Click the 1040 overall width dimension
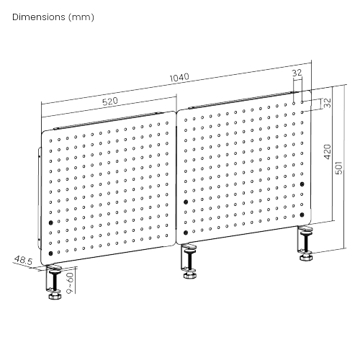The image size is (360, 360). tap(179, 78)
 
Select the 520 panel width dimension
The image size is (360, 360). tap(110, 102)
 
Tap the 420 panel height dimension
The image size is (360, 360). tap(328, 152)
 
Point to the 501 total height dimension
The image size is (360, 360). tap(338, 168)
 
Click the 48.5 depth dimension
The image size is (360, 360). tap(23, 261)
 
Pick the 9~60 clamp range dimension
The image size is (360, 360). tap(70, 283)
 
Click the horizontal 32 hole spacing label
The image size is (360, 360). tap(297, 73)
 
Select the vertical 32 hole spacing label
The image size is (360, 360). tap(327, 103)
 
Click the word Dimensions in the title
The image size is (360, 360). tap(39, 17)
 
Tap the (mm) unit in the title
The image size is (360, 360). tap(81, 17)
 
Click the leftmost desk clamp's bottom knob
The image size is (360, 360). tap(55, 296)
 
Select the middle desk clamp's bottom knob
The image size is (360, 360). tap(190, 275)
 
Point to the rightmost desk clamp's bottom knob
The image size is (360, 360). tap(305, 258)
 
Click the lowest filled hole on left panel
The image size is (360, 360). tap(50, 253)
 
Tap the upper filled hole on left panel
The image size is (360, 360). tap(50, 222)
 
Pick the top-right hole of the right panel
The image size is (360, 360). tap(302, 102)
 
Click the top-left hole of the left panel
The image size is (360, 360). tap(50, 141)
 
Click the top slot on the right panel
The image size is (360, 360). tap(243, 100)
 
